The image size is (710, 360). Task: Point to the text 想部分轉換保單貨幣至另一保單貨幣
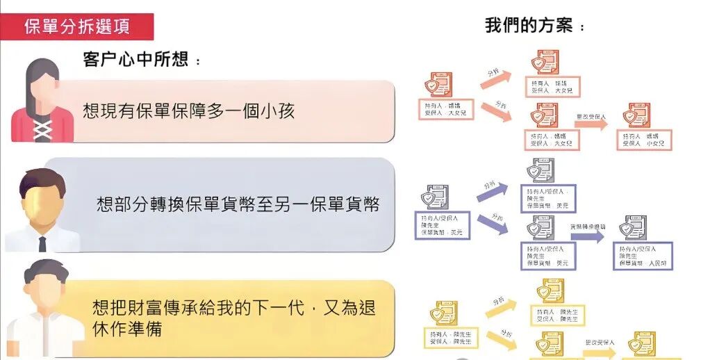238,204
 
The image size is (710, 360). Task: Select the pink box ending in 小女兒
644,140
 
